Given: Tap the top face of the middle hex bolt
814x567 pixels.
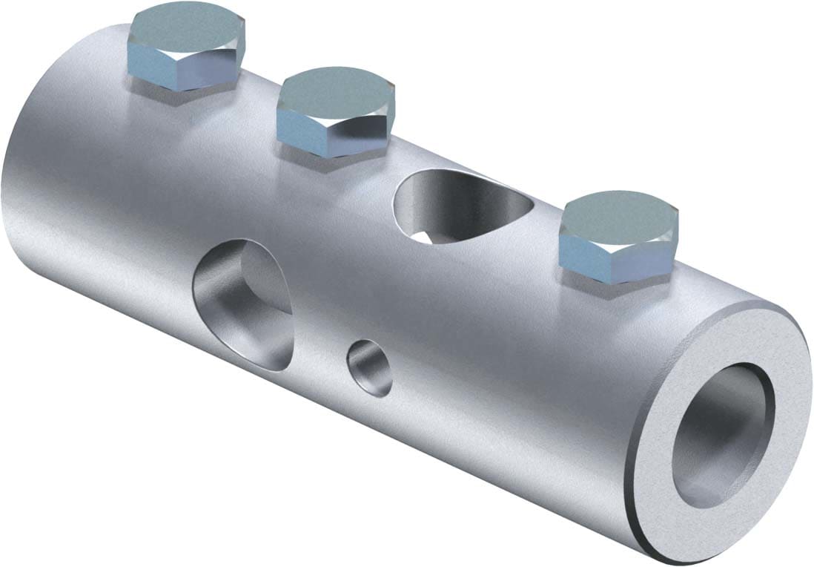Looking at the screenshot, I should pos(336,94).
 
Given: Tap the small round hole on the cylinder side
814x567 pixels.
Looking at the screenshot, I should pos(370,367).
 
